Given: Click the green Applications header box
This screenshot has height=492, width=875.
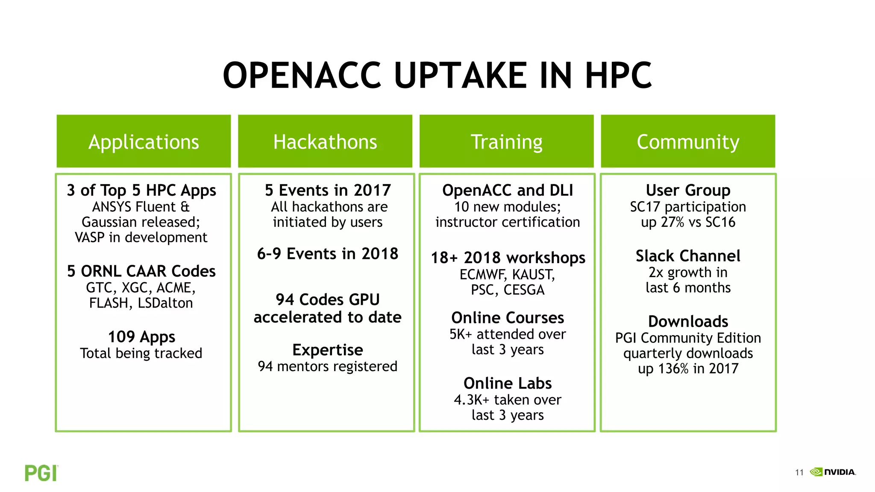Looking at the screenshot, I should coord(144,141).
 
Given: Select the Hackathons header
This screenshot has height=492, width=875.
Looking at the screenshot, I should coord(325,141).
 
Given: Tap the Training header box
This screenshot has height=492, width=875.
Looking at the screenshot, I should coord(507,141).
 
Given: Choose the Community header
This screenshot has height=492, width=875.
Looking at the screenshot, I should coord(688,141).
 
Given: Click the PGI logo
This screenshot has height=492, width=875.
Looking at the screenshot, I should coord(41,473).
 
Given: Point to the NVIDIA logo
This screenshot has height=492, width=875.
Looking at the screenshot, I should coord(834,472).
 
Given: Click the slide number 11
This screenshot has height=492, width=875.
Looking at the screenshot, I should coord(799,472).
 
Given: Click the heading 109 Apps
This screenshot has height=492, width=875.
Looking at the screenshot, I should coord(141,337).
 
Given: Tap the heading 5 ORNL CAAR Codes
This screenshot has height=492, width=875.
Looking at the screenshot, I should coord(141,271).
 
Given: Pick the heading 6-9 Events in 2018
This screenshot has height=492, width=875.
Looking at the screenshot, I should coord(328,254).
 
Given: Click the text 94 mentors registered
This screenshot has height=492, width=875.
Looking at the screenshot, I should coord(328,366).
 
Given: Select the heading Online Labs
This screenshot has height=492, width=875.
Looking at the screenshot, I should coord(508,383).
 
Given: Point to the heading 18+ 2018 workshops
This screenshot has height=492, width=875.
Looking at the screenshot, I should coord(508,258).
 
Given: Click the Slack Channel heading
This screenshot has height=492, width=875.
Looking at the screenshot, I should coord(688,256).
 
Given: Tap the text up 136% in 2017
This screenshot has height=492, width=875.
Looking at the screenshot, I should coord(688,369).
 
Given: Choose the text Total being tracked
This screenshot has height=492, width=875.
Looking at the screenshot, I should coord(141,353).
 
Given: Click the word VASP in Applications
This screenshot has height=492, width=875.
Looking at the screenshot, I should coord(90,237).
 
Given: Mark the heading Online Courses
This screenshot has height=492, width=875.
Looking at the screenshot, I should coord(508,318).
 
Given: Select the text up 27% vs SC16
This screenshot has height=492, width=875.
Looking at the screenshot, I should coord(688,223).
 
